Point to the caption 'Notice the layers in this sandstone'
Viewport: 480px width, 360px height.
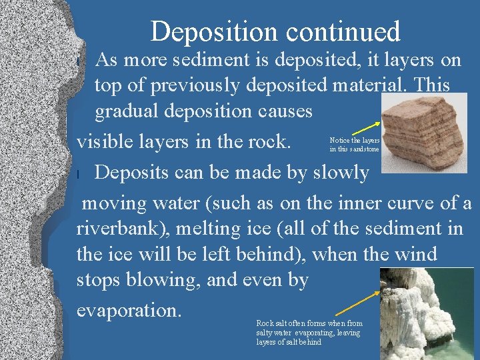[x=354, y=145]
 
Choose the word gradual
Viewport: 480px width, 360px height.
[x=131, y=111]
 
